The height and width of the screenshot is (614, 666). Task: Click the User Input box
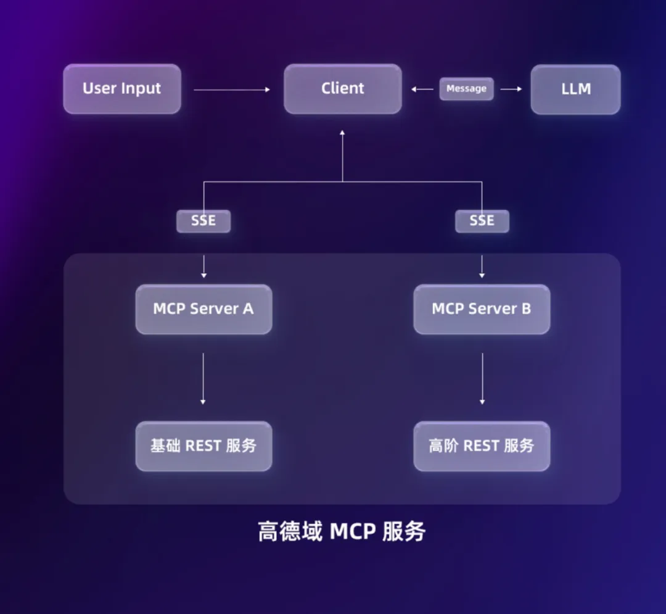coord(122,89)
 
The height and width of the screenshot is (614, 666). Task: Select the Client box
coord(342,89)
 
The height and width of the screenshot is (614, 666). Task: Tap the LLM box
coord(575,89)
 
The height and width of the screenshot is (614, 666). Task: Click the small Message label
coord(466,89)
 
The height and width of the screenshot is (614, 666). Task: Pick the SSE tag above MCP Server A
coord(203,221)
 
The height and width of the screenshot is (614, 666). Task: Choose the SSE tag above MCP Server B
coord(482,221)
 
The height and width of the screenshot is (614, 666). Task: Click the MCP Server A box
coord(203,309)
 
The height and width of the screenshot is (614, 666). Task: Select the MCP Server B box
coord(482,309)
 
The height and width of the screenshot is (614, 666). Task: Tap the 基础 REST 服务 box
coord(203,446)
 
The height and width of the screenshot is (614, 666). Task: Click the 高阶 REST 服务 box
coord(482,446)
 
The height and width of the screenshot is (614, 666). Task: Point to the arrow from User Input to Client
coord(232,90)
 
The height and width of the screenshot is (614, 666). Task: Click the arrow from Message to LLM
coord(511,89)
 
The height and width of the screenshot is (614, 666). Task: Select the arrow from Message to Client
coord(422,89)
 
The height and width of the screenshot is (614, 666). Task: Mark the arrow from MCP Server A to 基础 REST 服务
coord(203,378)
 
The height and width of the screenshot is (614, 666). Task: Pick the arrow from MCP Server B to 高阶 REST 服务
coord(482,378)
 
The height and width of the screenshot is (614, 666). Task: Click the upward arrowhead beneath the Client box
coord(342,133)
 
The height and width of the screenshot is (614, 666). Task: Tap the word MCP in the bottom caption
coord(352,531)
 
